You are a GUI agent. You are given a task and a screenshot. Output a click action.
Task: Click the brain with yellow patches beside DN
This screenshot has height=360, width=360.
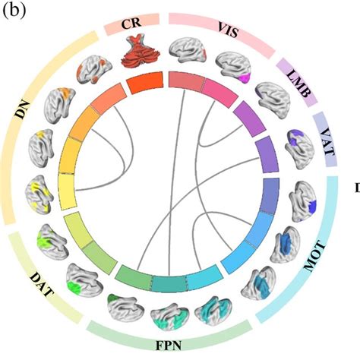pos(41,193)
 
